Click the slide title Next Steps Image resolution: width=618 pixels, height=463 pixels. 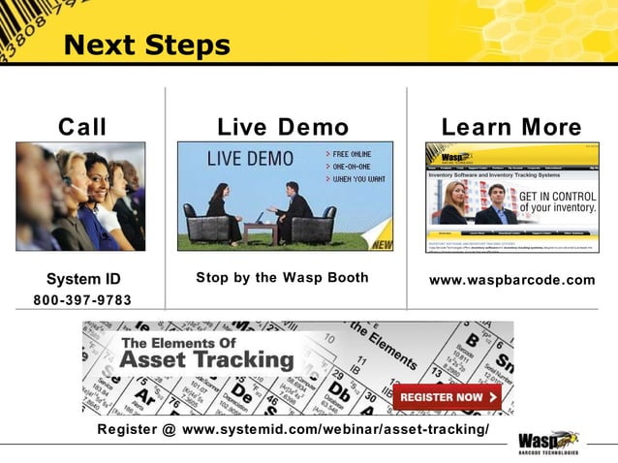pyautogui.click(x=146, y=45)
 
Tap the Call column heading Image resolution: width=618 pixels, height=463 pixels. pyautogui.click(x=82, y=127)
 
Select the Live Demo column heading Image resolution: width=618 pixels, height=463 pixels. pyautogui.click(x=283, y=127)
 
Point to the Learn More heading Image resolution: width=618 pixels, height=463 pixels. pyautogui.click(x=511, y=127)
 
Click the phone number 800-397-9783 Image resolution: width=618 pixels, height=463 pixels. pyautogui.click(x=82, y=299)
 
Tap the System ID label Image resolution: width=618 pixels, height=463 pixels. pyautogui.click(x=83, y=279)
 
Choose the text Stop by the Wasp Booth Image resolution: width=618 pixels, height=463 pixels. pyautogui.click(x=282, y=278)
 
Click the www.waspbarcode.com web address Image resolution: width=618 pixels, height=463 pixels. pyautogui.click(x=511, y=280)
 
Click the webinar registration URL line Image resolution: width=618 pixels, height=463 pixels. pyautogui.click(x=294, y=429)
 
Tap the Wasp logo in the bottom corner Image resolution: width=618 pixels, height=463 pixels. pyautogui.click(x=548, y=442)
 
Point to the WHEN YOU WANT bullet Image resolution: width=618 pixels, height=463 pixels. pyautogui.click(x=355, y=179)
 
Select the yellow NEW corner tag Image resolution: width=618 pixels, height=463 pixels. pyautogui.click(x=382, y=243)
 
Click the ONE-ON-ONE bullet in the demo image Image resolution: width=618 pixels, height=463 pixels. pyautogui.click(x=352, y=166)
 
